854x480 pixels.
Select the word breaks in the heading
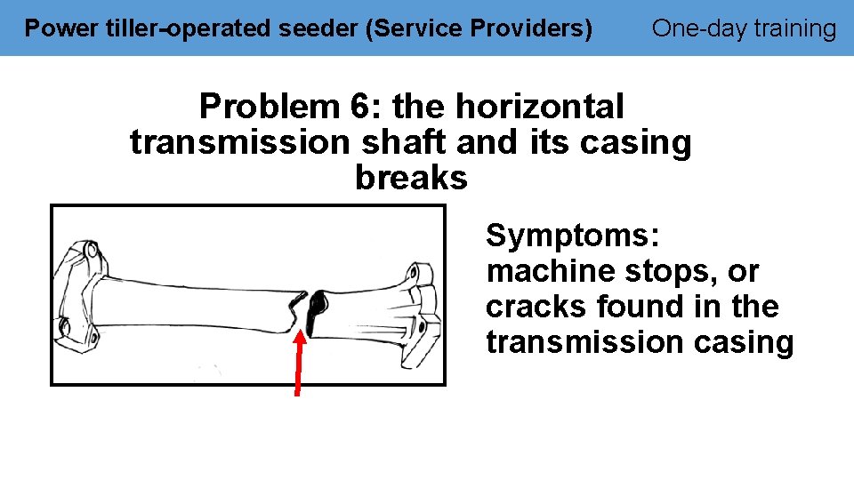(x=411, y=179)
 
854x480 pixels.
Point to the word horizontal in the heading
(x=540, y=108)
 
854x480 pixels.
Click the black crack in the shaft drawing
(x=312, y=308)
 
